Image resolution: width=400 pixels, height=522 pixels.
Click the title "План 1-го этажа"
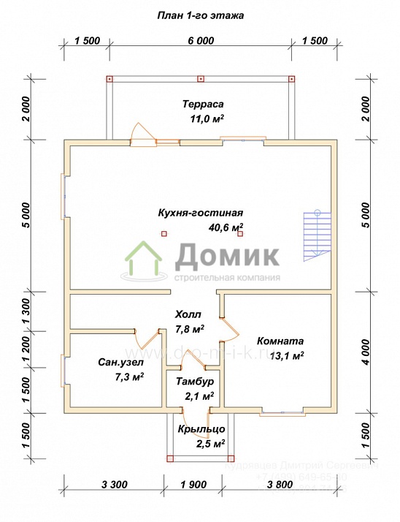[201, 15]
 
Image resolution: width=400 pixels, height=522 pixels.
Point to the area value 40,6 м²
[226, 227]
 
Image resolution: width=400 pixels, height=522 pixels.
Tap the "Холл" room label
[188, 314]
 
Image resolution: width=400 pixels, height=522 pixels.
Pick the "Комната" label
[280, 341]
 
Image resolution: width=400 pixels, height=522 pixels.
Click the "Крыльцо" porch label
[196, 429]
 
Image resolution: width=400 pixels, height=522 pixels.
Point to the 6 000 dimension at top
[201, 41]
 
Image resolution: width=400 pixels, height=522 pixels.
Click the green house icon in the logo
[145, 261]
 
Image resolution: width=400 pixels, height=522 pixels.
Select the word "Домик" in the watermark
[226, 256]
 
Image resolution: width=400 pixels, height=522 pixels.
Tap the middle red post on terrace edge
[201, 77]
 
